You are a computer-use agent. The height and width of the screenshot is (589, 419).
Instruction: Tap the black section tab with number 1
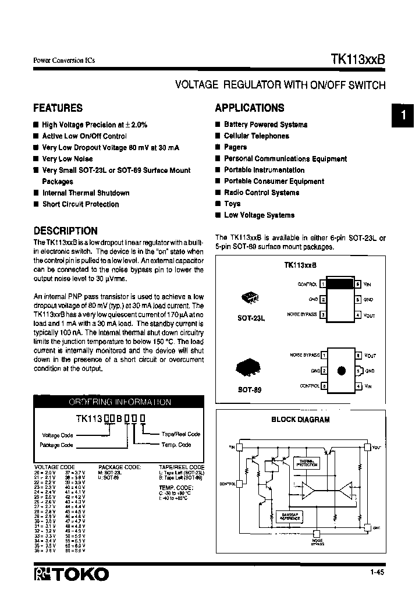[403, 116]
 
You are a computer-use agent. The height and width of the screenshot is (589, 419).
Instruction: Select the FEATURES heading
[58, 108]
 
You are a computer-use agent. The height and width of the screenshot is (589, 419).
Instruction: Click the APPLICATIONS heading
[250, 108]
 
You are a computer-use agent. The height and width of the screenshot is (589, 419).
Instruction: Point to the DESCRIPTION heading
[65, 230]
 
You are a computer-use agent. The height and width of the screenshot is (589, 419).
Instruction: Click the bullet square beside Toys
[218, 204]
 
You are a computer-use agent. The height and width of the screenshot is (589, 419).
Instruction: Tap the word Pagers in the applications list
[235, 147]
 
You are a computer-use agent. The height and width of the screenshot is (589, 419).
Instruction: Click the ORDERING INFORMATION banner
[120, 402]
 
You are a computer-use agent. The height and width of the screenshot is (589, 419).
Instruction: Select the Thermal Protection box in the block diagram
[306, 463]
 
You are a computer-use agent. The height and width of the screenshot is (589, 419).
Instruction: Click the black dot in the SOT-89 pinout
[342, 371]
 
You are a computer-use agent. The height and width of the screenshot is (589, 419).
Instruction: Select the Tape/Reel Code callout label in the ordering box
[180, 434]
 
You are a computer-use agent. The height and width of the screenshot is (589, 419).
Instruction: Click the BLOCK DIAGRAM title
[300, 419]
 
